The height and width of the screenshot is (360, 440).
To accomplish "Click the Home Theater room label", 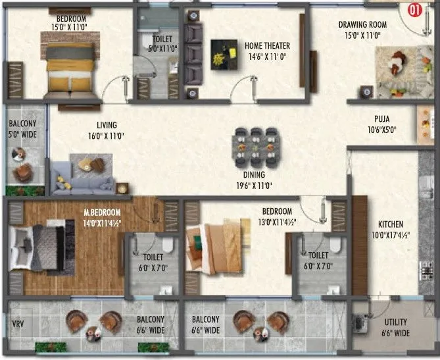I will (x=267, y=46).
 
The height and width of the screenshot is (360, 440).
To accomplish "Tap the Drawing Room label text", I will (x=362, y=25).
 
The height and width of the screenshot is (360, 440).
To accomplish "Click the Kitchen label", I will (x=391, y=224).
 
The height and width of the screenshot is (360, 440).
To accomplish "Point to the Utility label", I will (x=396, y=322).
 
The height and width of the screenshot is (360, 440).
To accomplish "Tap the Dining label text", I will (x=253, y=175).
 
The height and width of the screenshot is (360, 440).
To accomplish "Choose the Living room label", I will (x=106, y=125).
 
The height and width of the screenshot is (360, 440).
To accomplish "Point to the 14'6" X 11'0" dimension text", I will (x=267, y=57).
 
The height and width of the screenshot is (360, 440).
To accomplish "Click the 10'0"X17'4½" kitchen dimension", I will (x=391, y=235).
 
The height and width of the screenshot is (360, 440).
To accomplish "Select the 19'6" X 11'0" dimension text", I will (x=253, y=186).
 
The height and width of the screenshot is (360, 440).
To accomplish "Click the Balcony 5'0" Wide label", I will (x=22, y=129).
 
